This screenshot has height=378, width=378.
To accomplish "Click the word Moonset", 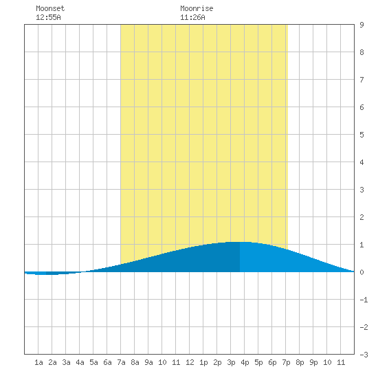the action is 50,8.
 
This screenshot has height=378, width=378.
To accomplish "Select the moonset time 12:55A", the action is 48,17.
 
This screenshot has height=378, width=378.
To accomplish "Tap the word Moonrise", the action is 197,8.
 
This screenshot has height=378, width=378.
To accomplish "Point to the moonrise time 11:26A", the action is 192,17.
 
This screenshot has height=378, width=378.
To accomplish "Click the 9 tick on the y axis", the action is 362,25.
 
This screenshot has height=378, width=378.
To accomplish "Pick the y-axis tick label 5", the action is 362,135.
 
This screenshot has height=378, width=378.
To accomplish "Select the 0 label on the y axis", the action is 362,272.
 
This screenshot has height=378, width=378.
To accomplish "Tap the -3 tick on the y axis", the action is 364,355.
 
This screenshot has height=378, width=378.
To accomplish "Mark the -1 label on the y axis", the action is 364,300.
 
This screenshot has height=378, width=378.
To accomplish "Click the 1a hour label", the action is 38,362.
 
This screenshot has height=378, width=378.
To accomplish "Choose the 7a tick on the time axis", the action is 121,362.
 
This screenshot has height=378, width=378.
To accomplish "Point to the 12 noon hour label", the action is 190,362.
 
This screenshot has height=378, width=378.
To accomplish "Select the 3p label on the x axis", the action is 231,362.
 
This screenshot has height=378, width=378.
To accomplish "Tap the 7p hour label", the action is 286,362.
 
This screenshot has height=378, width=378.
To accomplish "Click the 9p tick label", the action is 313,362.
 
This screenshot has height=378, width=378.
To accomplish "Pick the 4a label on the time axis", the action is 80,362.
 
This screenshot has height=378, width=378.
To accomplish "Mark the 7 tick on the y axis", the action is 362,80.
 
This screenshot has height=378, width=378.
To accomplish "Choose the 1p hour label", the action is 203,362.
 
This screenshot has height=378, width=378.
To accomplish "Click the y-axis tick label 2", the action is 362,217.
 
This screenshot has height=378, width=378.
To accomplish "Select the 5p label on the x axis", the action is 258,362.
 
